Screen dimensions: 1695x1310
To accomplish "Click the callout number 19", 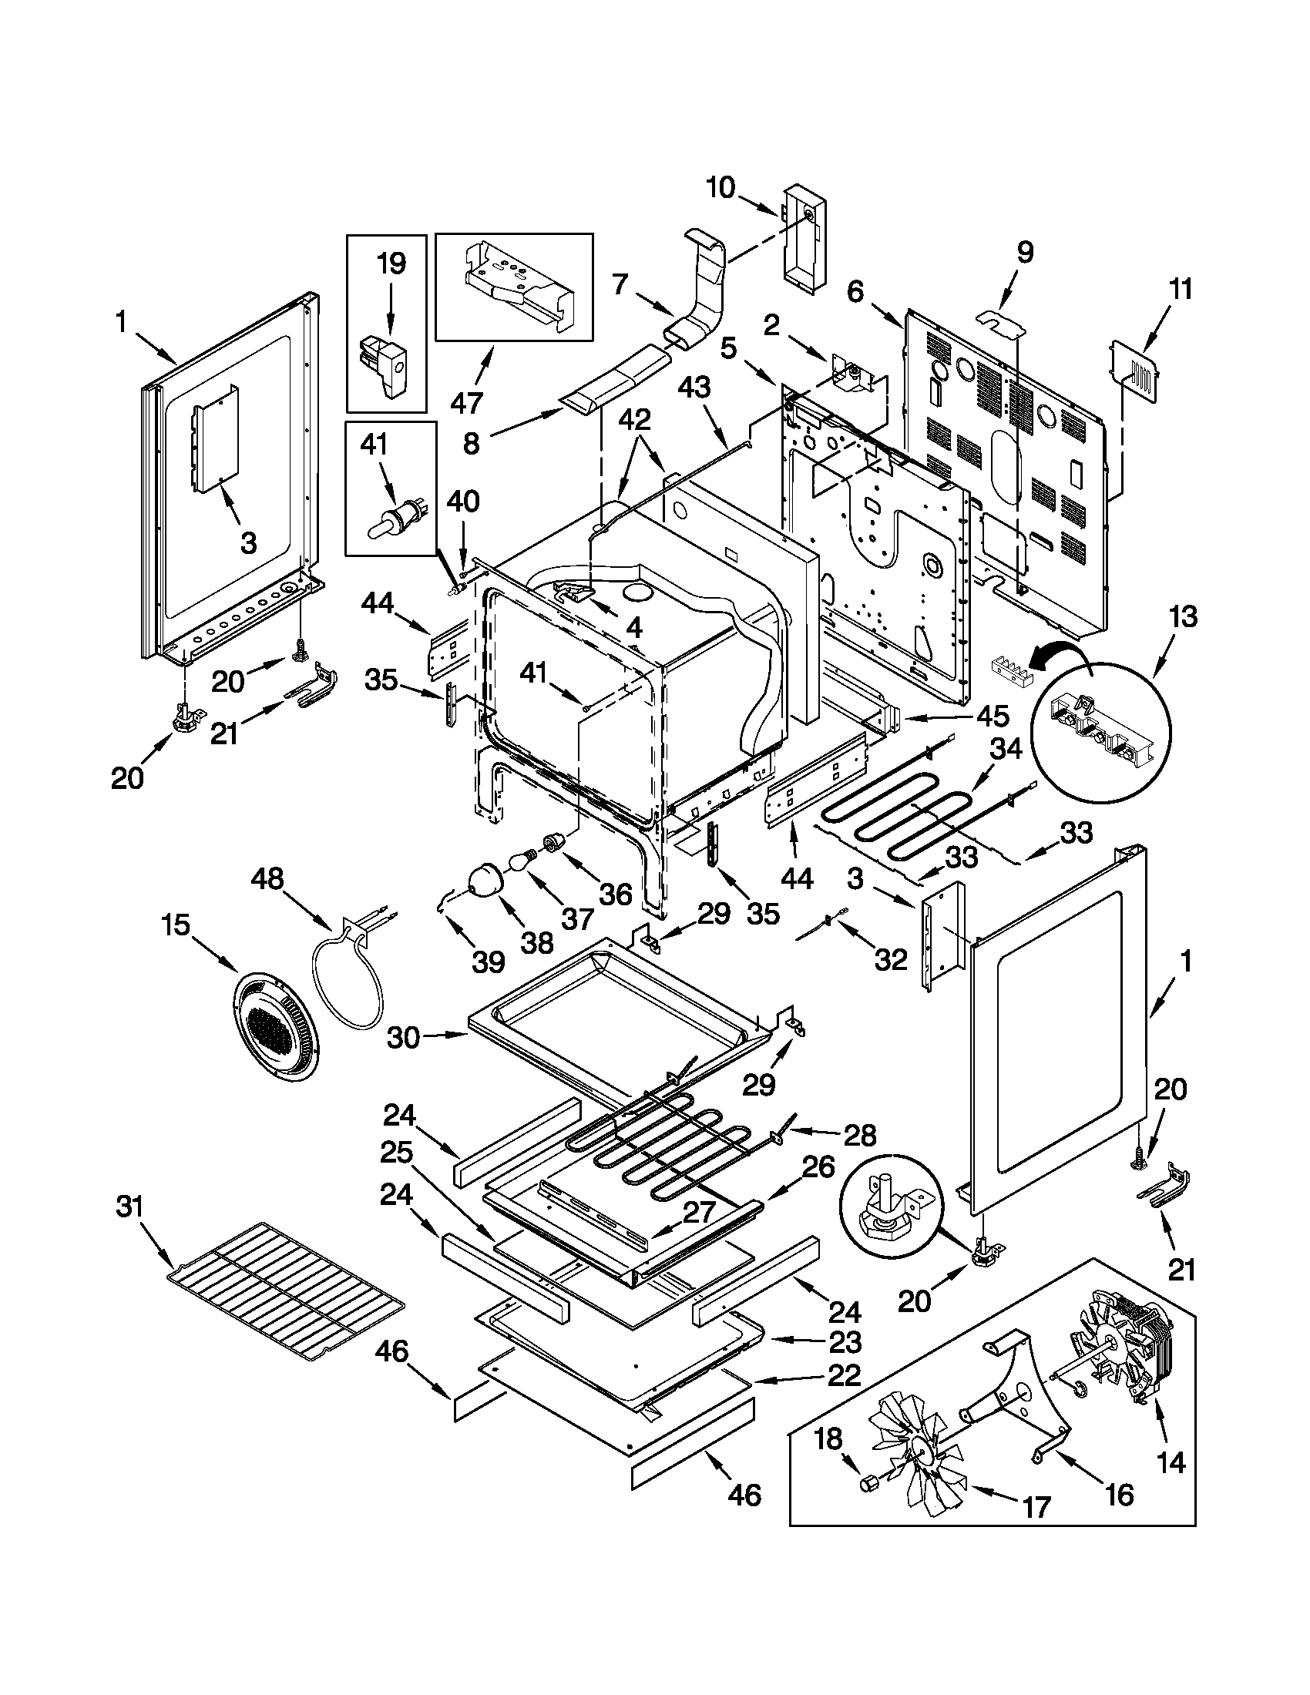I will (x=391, y=263).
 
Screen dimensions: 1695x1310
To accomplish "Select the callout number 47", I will (x=467, y=402).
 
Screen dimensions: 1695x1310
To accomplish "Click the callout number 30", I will (x=404, y=1037).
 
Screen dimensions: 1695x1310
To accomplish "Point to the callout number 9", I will (x=1024, y=253).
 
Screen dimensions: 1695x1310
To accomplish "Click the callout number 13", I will (x=1183, y=618).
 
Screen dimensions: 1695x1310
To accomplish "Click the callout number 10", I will (x=720, y=188).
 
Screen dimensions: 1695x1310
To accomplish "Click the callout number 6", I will (x=855, y=292).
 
